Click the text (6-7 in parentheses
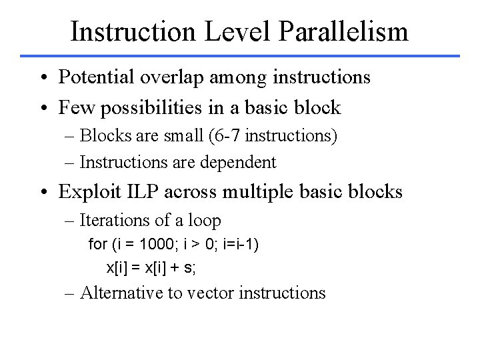(x=216, y=137)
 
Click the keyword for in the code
(x=97, y=245)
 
